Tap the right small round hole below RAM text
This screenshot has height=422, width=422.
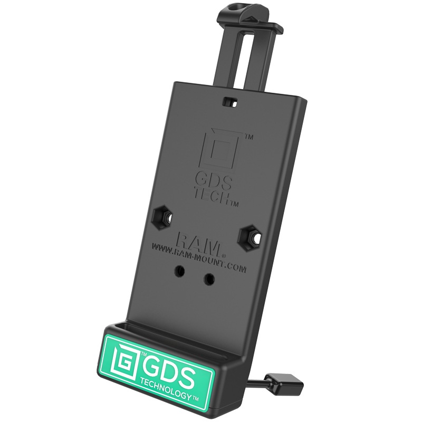coord(209,278)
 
